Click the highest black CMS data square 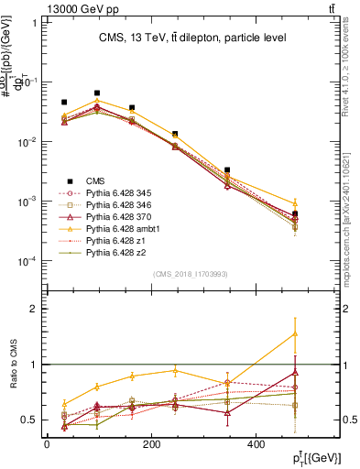click(x=97, y=93)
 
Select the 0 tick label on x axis click(x=47, y=444)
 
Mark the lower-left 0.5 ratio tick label click(x=27, y=420)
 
